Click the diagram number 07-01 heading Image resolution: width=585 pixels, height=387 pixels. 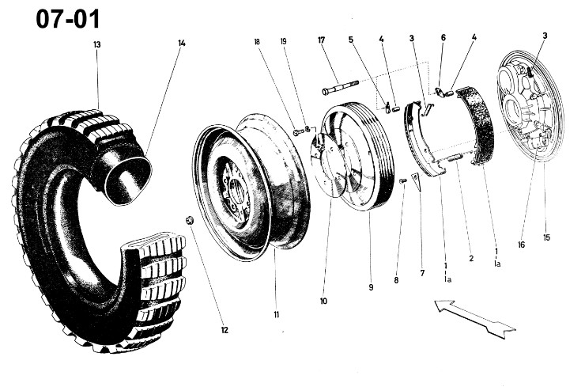(68, 19)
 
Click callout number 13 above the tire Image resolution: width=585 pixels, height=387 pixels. (97, 45)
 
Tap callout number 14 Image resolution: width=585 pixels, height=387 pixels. (182, 44)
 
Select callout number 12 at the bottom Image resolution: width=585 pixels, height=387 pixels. (225, 330)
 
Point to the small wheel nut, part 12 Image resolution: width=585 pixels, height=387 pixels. (191, 220)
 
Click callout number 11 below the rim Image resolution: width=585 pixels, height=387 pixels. (277, 315)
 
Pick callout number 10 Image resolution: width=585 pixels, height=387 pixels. (323, 301)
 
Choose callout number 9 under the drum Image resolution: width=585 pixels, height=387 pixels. (371, 287)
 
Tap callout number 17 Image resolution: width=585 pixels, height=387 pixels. (322, 40)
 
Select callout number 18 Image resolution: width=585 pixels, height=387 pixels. (257, 42)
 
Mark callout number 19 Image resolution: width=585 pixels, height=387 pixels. (284, 41)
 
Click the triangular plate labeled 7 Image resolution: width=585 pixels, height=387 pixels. (417, 180)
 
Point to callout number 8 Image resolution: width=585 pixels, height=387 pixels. (396, 280)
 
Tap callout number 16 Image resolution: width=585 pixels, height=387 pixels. (522, 245)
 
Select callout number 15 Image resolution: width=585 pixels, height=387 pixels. (547, 237)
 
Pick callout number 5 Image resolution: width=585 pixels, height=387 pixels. (351, 40)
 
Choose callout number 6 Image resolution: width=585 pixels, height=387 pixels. (443, 38)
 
